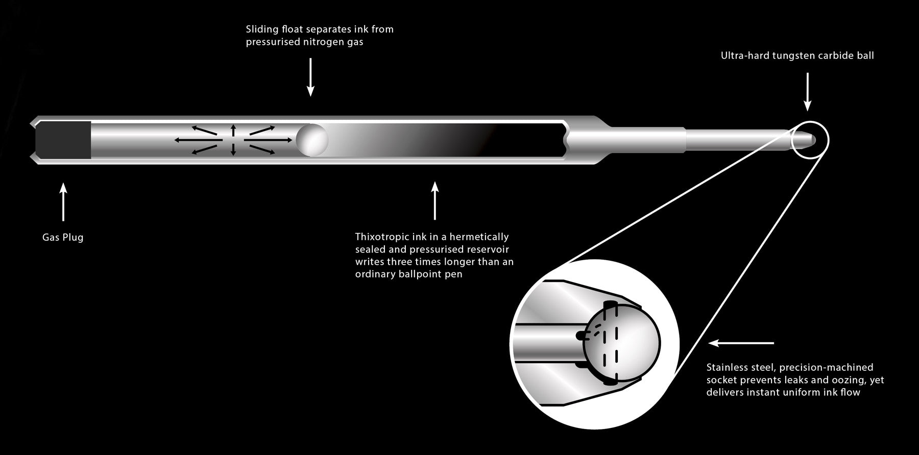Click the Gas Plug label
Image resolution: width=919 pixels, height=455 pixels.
pyautogui.click(x=63, y=237)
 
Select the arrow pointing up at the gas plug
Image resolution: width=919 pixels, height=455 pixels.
pyautogui.click(x=63, y=203)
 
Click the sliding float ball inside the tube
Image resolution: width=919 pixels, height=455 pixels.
pyautogui.click(x=311, y=139)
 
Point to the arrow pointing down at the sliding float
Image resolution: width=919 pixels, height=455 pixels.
pyautogui.click(x=310, y=77)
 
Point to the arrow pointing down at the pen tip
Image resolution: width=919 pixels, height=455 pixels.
pyautogui.click(x=807, y=92)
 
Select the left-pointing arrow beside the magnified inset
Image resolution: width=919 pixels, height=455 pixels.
pyautogui.click(x=741, y=343)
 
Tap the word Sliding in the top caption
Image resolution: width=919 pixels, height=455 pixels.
pyautogui.click(x=261, y=29)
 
